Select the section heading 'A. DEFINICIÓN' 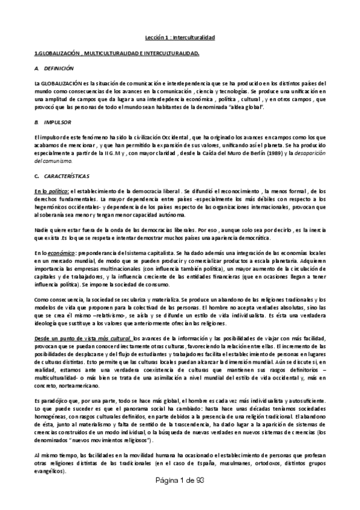pyautogui.click(x=54, y=69)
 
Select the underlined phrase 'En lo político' pyautogui.click(x=52, y=190)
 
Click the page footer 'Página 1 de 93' pyautogui.click(x=180, y=499)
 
